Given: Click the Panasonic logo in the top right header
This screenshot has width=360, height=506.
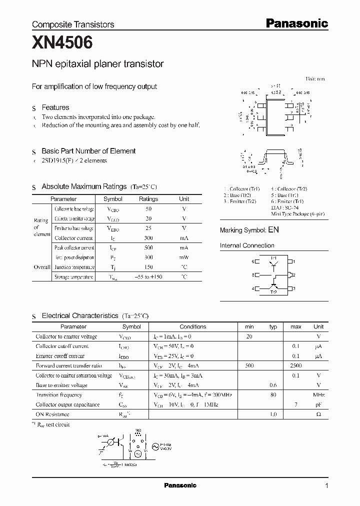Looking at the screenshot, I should pyautogui.click(x=296, y=23).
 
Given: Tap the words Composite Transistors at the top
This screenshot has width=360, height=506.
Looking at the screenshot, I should pyautogui.click(x=73, y=24).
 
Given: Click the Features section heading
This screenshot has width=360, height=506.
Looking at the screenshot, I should pyautogui.click(x=55, y=107).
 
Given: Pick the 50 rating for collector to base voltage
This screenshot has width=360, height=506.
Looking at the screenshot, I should pyautogui.click(x=148, y=209).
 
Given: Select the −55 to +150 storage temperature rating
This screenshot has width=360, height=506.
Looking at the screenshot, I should pyautogui.click(x=148, y=277).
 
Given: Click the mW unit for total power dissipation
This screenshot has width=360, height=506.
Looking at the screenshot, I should pyautogui.click(x=184, y=257).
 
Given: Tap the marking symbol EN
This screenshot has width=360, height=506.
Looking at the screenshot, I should pyautogui.click(x=273, y=230).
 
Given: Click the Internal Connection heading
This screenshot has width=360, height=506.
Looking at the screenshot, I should pyautogui.click(x=247, y=245).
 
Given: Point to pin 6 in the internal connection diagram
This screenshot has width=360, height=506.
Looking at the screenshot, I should pyautogui.click(x=253, y=261).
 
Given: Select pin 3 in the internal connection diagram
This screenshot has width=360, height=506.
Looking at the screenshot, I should pyautogui.click(x=294, y=288).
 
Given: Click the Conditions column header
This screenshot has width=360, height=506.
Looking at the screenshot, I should pyautogui.click(x=192, y=326).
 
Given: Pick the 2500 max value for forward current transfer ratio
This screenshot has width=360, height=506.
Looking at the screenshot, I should pyautogui.click(x=296, y=365).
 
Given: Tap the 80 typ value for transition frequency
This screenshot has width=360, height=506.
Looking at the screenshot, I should pyautogui.click(x=273, y=395).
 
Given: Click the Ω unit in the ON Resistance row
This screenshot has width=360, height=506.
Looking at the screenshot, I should pyautogui.click(x=318, y=414).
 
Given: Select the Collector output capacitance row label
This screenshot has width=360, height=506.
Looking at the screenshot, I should pyautogui.click(x=67, y=404).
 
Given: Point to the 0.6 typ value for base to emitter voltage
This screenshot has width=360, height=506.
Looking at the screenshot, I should pyautogui.click(x=273, y=385).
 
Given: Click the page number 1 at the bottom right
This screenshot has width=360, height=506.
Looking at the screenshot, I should pyautogui.click(x=326, y=485).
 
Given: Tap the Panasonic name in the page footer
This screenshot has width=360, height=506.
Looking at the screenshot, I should pyautogui.click(x=180, y=485).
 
